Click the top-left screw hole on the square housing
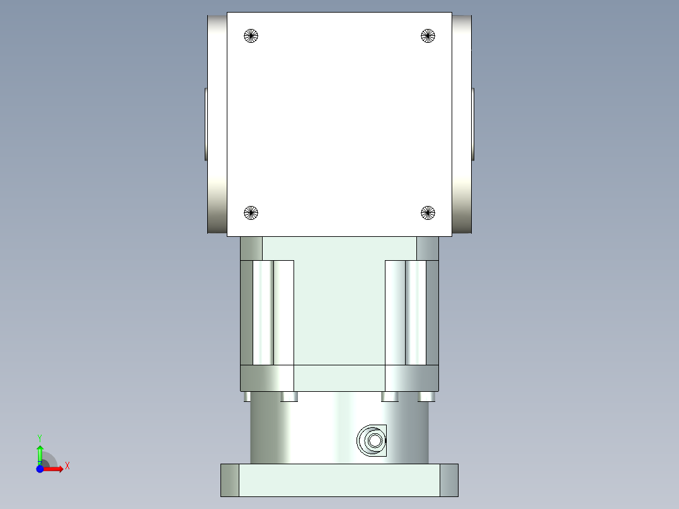251,36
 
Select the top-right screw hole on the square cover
428,36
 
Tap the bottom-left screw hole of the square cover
251,213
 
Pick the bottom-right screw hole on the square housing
428,213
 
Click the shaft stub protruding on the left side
205,124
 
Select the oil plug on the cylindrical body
372,440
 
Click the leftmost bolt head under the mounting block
246,396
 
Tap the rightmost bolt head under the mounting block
427,396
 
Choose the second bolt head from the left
290,396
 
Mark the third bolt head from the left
390,396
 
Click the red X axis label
67,466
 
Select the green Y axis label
40,437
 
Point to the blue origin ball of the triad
40,469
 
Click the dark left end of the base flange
230,480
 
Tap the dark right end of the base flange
448,480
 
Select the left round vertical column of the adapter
263,312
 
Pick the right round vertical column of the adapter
416,312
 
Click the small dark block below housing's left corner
251,248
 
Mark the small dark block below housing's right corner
428,248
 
